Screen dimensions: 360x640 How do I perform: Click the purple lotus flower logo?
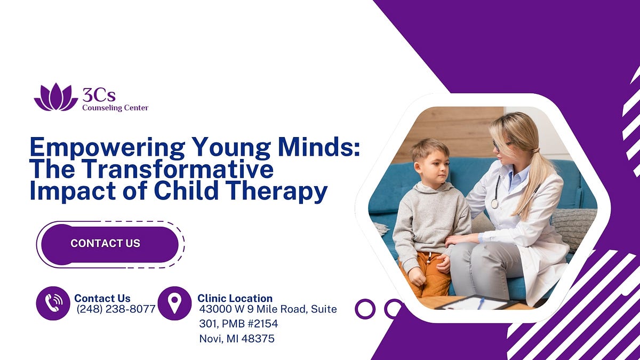[x=55, y=98]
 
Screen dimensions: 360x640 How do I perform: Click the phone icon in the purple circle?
[x=53, y=303]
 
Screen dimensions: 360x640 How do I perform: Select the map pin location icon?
[x=174, y=303]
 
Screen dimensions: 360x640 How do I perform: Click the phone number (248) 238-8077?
[x=116, y=309]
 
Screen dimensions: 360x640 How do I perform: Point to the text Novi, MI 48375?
[x=237, y=338]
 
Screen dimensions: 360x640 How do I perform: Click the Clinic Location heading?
[x=235, y=298]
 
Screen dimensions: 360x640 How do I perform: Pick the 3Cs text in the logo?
[x=99, y=95]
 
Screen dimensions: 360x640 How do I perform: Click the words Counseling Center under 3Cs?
[x=115, y=108]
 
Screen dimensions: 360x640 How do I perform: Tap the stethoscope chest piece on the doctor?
[x=495, y=203]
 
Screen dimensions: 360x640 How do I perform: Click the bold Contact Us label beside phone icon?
[x=102, y=298]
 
